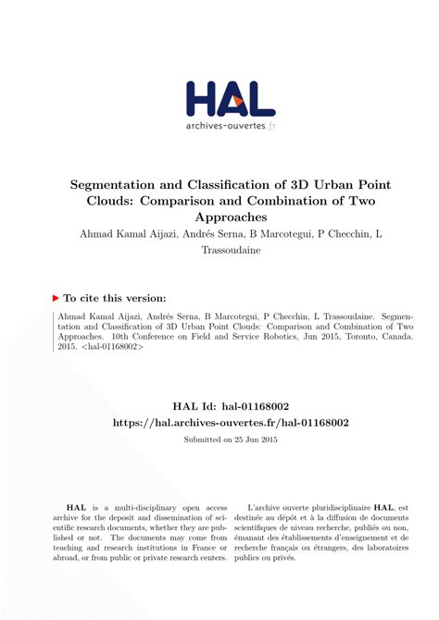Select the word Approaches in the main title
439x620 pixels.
pos(219,217)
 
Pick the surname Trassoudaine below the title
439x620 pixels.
pos(219,252)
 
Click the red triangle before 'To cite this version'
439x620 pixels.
pos(56,299)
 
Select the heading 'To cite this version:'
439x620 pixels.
pos(117,299)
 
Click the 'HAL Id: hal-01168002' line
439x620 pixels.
pos(219,404)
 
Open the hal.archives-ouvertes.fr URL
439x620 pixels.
pos(219,422)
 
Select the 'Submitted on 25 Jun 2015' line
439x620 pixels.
pos(219,440)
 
